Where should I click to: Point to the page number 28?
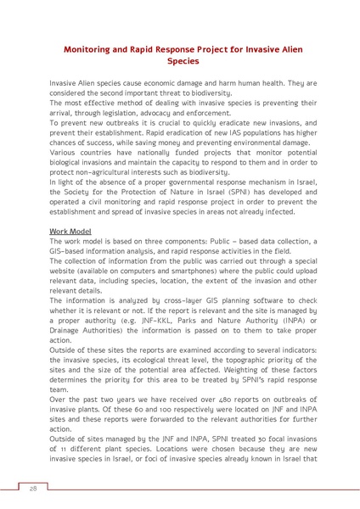click(x=33, y=489)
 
